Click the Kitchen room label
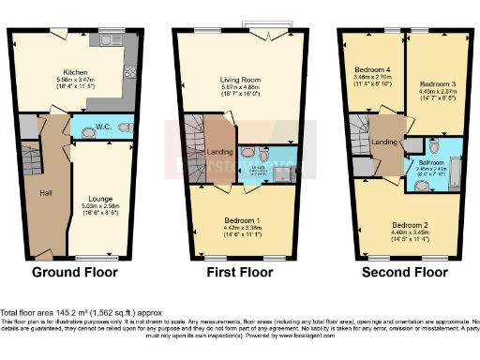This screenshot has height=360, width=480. click(x=75, y=72)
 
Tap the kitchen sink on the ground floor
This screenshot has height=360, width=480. click(x=105, y=40)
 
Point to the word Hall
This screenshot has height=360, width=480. click(x=45, y=193)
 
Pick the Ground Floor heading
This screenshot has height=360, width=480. click(x=75, y=274)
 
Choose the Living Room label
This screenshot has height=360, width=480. click(x=240, y=81)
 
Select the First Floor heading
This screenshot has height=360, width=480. click(x=240, y=274)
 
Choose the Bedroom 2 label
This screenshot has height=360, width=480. click(x=410, y=226)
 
